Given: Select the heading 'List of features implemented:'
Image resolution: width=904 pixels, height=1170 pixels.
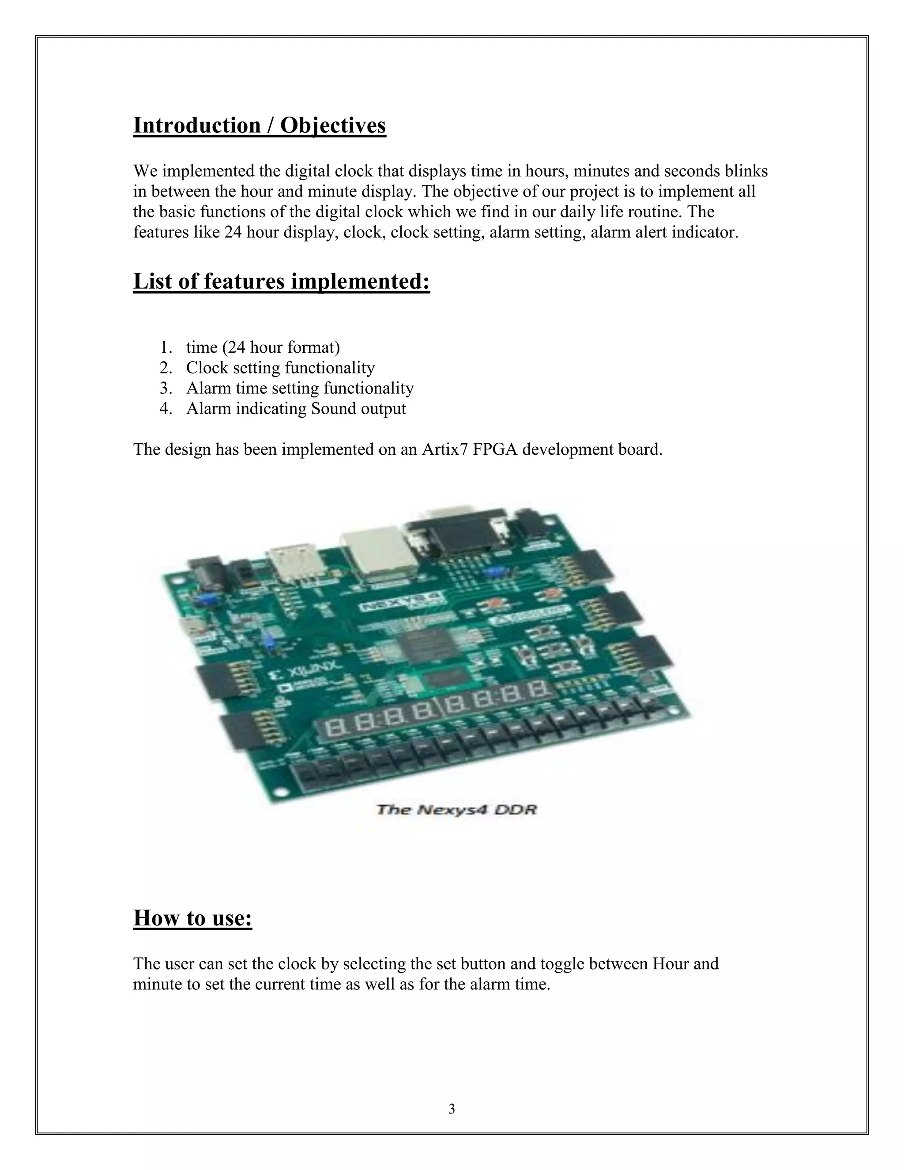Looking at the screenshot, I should tap(281, 281).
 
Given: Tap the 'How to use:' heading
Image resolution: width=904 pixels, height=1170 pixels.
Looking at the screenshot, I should tap(192, 918).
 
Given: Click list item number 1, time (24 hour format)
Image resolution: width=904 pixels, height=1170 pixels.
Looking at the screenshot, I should tap(263, 347).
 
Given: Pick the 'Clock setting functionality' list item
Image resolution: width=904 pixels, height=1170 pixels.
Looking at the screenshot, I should tap(280, 368).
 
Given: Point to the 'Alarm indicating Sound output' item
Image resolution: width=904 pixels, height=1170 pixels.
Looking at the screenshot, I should tap(296, 408).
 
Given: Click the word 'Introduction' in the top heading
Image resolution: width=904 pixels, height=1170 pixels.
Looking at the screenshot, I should tap(196, 125).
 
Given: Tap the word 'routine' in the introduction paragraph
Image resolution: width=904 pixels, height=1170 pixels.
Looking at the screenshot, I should tap(653, 212).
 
